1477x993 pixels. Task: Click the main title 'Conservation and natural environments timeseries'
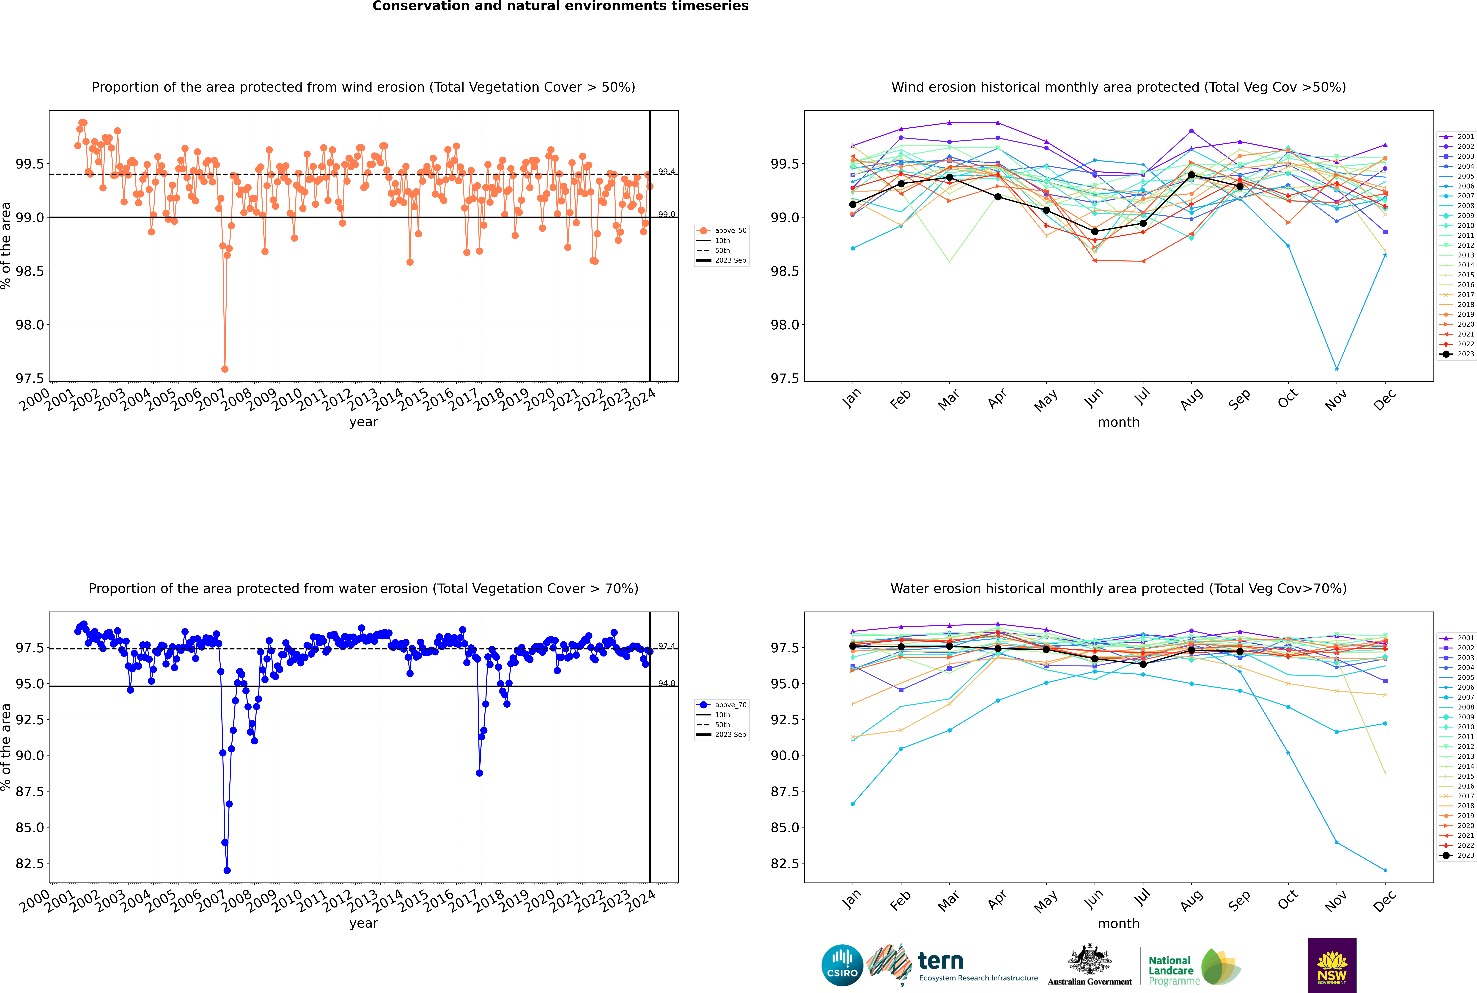[x=560, y=6]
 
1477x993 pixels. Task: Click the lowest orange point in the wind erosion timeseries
[x=225, y=369]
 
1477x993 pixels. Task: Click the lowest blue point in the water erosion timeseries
[x=227, y=870]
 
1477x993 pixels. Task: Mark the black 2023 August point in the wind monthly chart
[x=1191, y=175]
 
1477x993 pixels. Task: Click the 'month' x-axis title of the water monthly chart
[x=1118, y=923]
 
